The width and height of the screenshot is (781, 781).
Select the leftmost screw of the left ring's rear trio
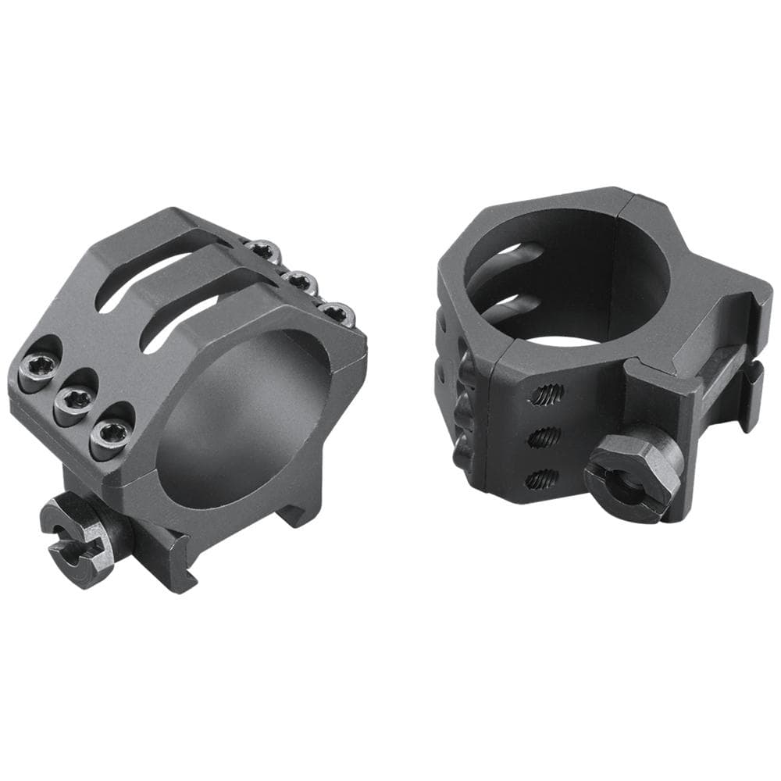(x=262, y=249)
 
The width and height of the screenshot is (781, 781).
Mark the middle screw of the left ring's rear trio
(x=300, y=280)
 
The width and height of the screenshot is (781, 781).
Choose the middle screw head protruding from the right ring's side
(x=462, y=406)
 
